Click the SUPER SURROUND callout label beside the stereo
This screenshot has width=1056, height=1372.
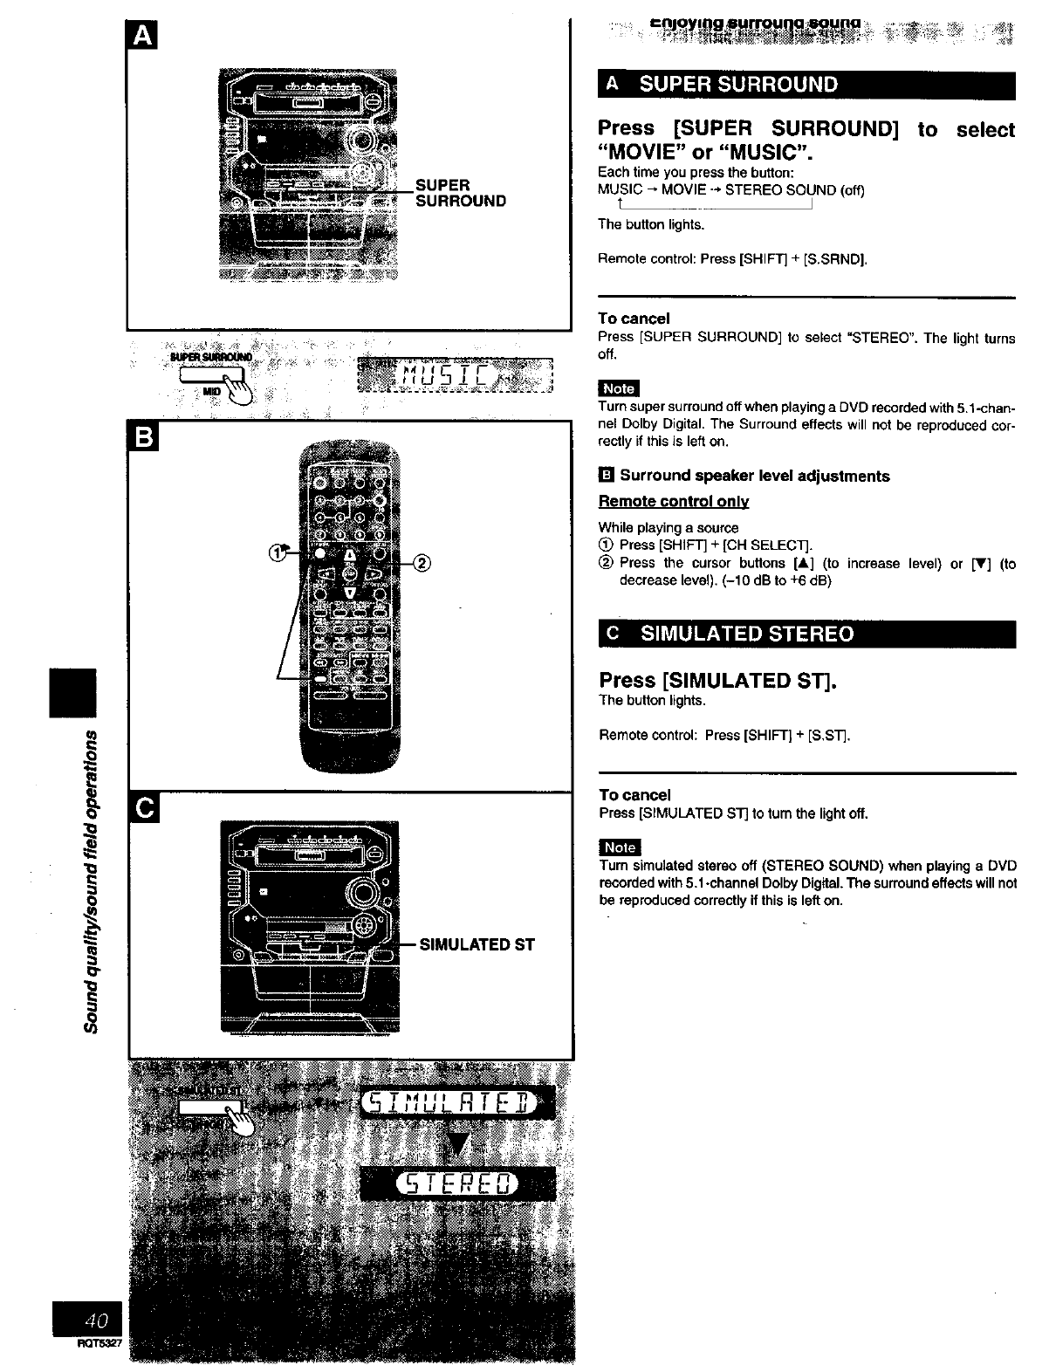(x=460, y=193)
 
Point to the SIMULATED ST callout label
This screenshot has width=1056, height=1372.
(x=477, y=944)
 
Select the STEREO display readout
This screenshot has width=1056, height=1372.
(x=456, y=1184)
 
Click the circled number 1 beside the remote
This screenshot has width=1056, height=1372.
(x=278, y=552)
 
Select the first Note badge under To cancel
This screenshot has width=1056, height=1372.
(x=619, y=388)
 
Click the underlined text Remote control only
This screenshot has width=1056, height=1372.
(x=673, y=501)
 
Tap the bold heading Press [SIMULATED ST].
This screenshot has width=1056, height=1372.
(x=717, y=680)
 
